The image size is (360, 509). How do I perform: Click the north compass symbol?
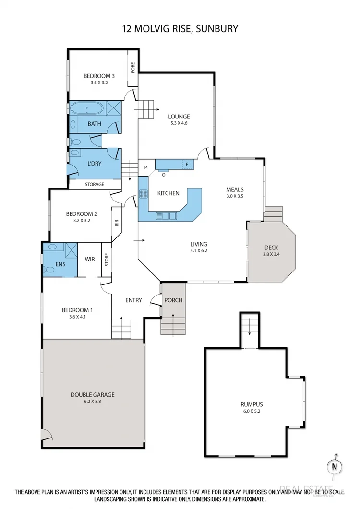click(336, 466)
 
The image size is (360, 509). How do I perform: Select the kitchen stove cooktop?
click(144, 194)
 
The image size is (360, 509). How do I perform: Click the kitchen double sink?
click(166, 216)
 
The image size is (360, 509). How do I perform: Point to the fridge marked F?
click(186, 165)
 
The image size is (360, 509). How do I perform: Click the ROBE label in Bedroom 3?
click(132, 68)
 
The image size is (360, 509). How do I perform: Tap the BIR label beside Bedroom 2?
click(117, 223)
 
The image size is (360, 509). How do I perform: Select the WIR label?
click(90, 260)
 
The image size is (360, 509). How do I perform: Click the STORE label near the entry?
click(107, 260)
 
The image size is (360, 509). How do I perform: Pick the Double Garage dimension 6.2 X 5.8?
click(92, 402)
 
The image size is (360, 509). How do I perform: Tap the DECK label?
click(271, 248)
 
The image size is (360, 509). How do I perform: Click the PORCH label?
click(173, 300)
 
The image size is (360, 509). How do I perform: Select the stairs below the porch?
click(172, 326)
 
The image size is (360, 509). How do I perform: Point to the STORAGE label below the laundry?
click(94, 184)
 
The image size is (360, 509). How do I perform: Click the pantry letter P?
click(145, 168)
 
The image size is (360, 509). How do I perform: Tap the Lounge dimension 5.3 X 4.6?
click(179, 123)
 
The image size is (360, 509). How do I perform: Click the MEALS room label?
click(235, 189)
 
